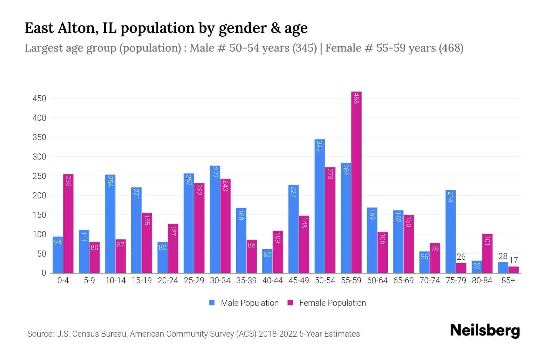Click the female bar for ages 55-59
pyautogui.click(x=356, y=182)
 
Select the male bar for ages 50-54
pyautogui.click(x=320, y=206)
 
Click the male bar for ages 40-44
pyautogui.click(x=267, y=261)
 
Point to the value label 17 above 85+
pyautogui.click(x=514, y=261)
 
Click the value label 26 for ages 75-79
pyautogui.click(x=461, y=257)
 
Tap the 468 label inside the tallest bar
pyautogui.click(x=356, y=99)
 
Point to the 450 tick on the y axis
pyautogui.click(x=39, y=99)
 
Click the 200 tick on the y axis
pyautogui.click(x=39, y=196)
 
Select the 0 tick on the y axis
pyautogui.click(x=44, y=273)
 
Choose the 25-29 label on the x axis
pyautogui.click(x=194, y=281)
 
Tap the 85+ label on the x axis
pyautogui.click(x=508, y=281)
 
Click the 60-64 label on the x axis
pyautogui.click(x=377, y=281)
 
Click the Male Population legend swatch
pyautogui.click(x=212, y=303)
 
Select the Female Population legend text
pyautogui.click(x=332, y=303)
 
